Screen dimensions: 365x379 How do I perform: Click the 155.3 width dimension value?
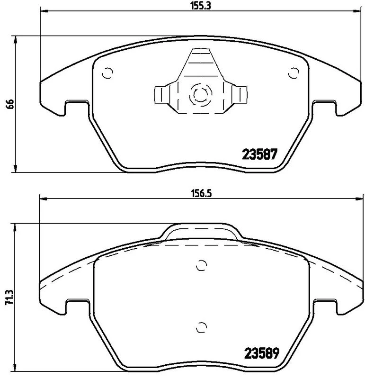[x=201, y=6]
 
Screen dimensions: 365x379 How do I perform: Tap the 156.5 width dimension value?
[x=202, y=193]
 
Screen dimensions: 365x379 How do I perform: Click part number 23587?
[x=260, y=154]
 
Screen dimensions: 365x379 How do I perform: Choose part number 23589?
[x=262, y=353]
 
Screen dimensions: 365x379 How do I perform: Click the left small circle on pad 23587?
[x=107, y=72]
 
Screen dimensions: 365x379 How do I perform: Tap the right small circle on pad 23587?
[x=294, y=73]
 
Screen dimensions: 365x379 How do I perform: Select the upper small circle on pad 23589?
[x=202, y=265]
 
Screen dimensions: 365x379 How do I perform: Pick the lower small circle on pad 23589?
[x=202, y=327]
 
